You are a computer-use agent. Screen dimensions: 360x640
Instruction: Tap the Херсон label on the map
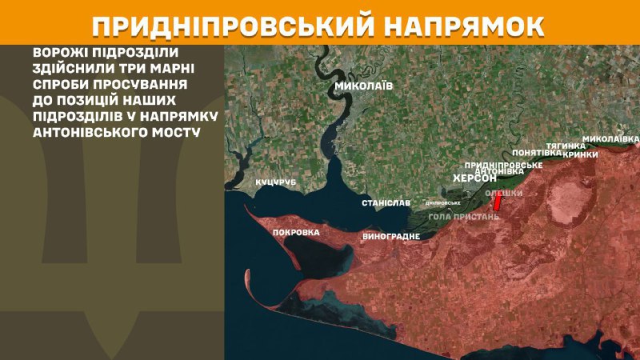tap(474, 179)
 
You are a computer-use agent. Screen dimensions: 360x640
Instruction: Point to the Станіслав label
tap(386, 203)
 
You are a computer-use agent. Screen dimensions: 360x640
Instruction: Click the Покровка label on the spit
tap(296, 232)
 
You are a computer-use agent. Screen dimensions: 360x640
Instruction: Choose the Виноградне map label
tap(391, 238)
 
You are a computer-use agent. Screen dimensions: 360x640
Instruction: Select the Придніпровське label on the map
tap(504, 164)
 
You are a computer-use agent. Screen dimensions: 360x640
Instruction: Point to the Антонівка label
tap(499, 172)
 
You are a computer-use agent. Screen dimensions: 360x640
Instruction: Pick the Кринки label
tap(580, 154)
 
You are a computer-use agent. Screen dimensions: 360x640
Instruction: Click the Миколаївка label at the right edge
tap(610, 138)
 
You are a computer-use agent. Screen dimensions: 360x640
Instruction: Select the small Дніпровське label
tap(442, 202)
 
